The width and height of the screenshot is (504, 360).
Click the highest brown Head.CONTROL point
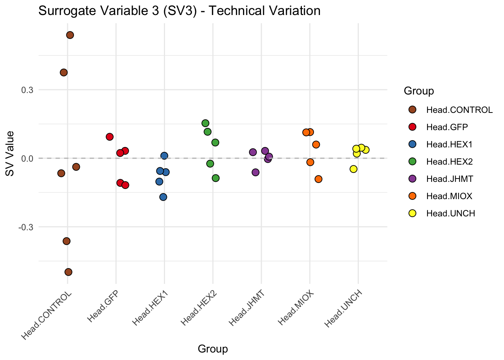[x=70, y=35]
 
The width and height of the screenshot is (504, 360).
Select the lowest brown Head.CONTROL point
[x=68, y=272]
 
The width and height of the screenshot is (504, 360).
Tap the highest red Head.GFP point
[x=109, y=136]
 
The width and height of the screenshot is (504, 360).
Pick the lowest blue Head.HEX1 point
[x=163, y=197]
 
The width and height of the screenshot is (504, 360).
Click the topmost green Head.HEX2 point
[x=205, y=123]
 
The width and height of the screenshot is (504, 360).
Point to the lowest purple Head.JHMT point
[x=255, y=172]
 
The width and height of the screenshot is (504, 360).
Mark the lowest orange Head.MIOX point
[x=318, y=179]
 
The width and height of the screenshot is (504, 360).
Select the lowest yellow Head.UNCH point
[x=353, y=169]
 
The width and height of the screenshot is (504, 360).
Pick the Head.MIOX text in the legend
[x=449, y=196]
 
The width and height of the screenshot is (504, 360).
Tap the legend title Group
[x=419, y=91]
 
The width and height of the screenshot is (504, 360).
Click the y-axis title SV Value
[x=10, y=153]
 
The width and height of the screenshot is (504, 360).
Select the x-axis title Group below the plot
[x=213, y=349]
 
